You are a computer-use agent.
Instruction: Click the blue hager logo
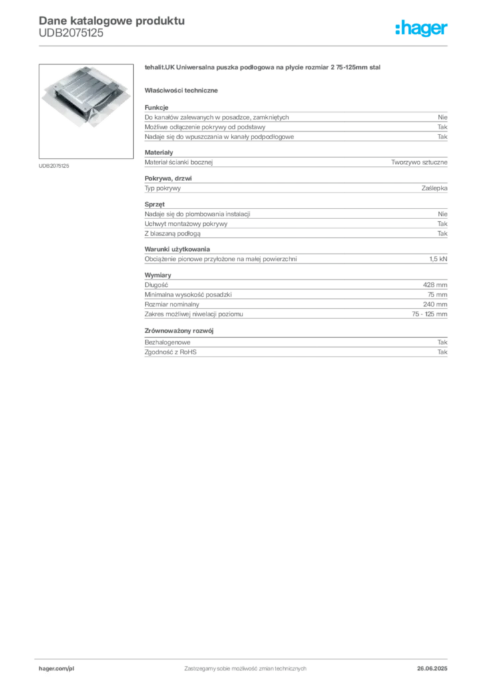423,30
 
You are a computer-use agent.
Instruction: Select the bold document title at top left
111,20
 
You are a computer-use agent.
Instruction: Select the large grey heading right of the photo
264,69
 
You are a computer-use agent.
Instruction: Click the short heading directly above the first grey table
183,90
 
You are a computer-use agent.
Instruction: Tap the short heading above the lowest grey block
181,330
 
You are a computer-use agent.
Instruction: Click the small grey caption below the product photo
55,165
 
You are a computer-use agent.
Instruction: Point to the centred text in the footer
245,665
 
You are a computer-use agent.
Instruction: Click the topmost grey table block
295,123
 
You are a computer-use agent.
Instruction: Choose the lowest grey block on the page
295,350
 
